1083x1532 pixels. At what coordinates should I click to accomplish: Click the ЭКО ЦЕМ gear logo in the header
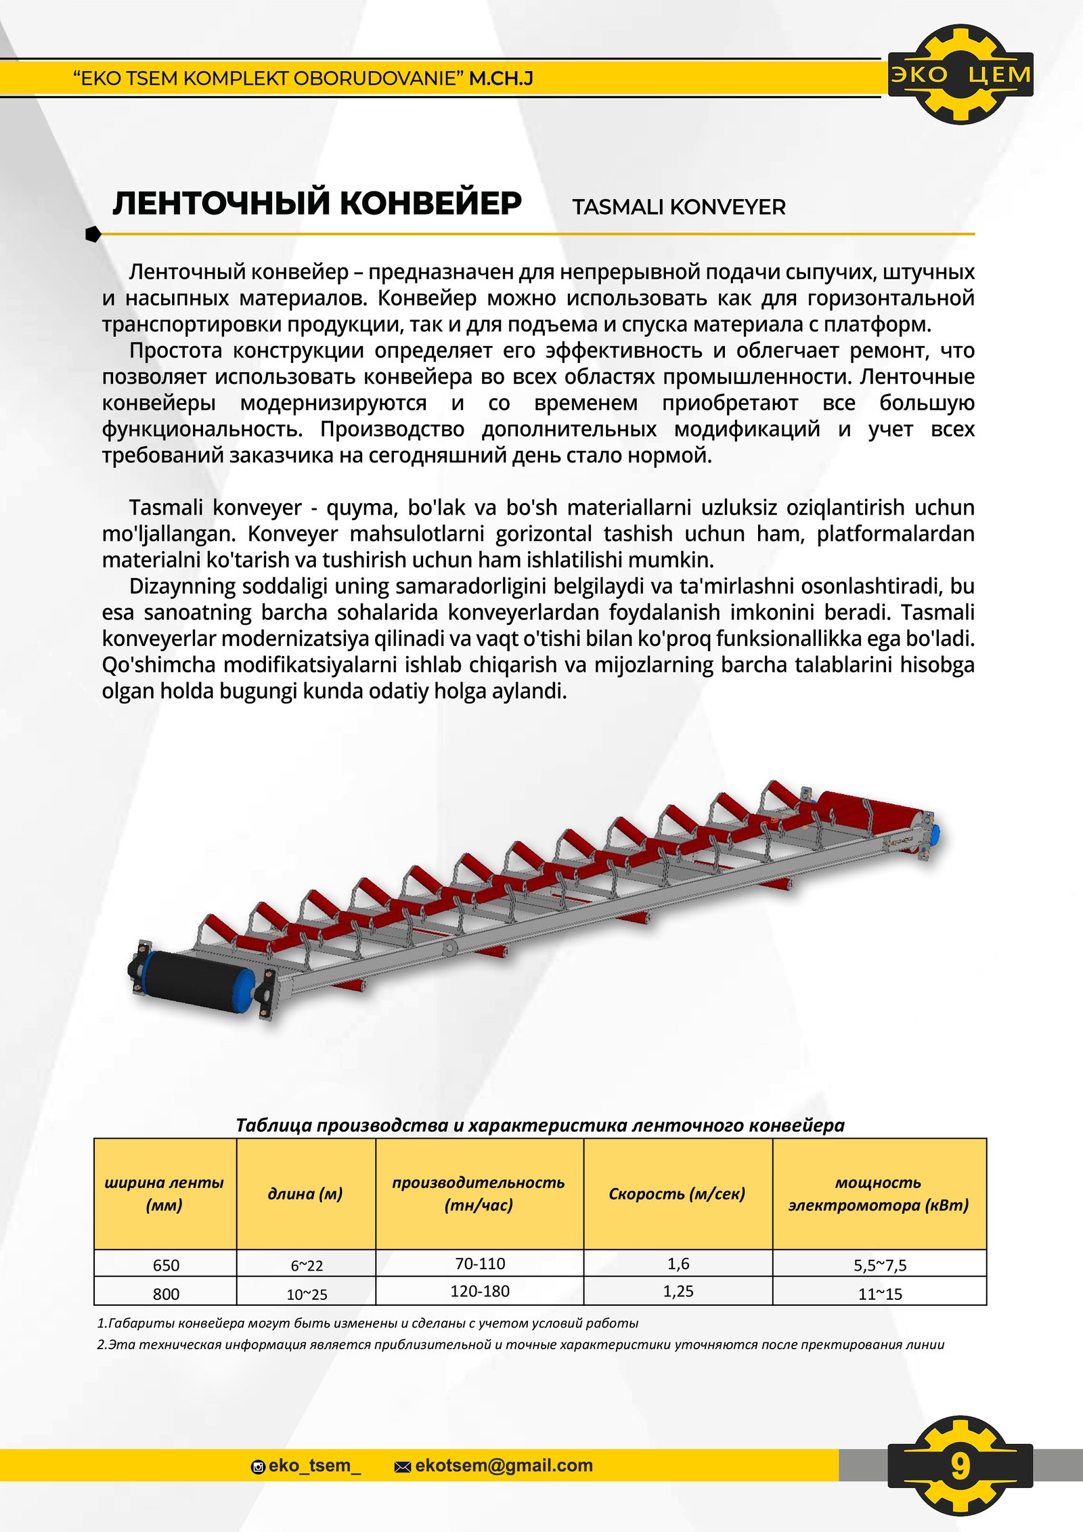click(960, 74)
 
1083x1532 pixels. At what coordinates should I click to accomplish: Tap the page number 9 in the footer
click(960, 1466)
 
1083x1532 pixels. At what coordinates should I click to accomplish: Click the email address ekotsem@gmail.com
click(504, 1466)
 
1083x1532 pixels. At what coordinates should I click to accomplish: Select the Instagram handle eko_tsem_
click(314, 1466)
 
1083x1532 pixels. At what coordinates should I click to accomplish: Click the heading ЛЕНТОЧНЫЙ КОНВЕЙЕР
click(317, 203)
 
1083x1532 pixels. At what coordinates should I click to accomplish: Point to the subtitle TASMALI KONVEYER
click(678, 207)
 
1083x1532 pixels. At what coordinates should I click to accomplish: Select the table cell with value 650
click(166, 1265)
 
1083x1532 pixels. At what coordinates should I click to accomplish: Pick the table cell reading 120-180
click(480, 1291)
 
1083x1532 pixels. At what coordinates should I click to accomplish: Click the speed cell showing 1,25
click(678, 1291)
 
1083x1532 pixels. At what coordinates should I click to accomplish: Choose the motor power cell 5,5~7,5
click(880, 1265)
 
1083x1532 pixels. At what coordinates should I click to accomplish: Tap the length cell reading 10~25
click(307, 1294)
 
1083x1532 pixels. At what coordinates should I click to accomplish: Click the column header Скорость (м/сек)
click(677, 1194)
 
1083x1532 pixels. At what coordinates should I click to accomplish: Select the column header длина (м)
click(305, 1194)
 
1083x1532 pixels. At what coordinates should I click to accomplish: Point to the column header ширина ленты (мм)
click(164, 1194)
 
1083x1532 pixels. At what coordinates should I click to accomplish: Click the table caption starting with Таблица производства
click(539, 1125)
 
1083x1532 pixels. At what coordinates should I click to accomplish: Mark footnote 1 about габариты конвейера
click(368, 1323)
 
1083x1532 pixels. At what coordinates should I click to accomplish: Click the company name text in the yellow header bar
click(303, 79)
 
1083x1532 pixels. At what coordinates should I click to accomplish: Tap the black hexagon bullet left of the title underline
click(93, 234)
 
